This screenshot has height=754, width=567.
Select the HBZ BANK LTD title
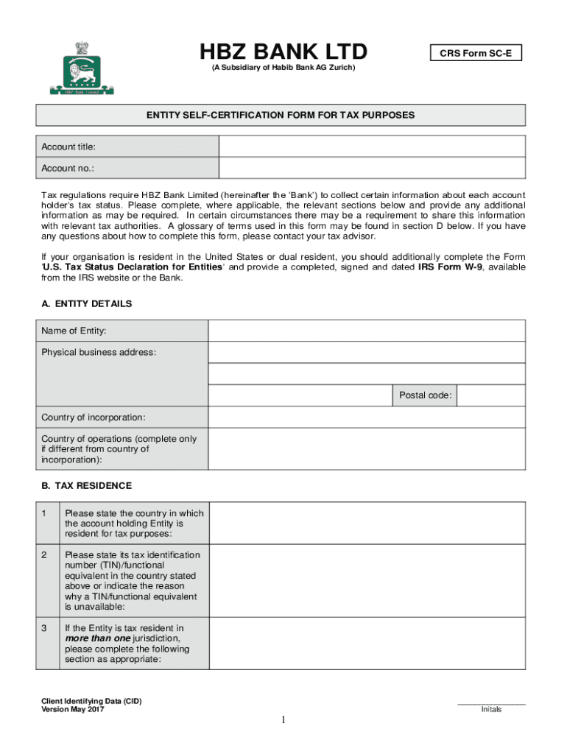pyautogui.click(x=283, y=52)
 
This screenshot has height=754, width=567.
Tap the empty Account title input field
pyautogui.click(x=372, y=147)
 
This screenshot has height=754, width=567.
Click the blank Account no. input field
pyautogui.click(x=372, y=168)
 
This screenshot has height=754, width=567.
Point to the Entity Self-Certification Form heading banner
pyautogui.click(x=281, y=116)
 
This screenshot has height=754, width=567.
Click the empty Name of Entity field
pyautogui.click(x=367, y=331)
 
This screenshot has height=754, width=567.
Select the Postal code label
pyautogui.click(x=425, y=395)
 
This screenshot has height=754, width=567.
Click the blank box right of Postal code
pyautogui.click(x=491, y=395)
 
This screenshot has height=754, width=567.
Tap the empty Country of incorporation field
pyautogui.click(x=367, y=417)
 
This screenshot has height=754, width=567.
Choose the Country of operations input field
pyautogui.click(x=367, y=449)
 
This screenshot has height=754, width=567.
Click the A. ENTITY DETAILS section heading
pyautogui.click(x=86, y=303)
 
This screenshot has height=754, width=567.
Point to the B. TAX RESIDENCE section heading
pyautogui.click(x=86, y=486)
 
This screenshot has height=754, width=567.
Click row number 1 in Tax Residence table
pyautogui.click(x=46, y=513)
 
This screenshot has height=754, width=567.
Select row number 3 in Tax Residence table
pyautogui.click(x=46, y=628)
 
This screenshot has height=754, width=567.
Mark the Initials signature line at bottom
pyautogui.click(x=491, y=704)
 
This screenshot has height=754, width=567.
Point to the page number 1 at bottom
pyautogui.click(x=283, y=719)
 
